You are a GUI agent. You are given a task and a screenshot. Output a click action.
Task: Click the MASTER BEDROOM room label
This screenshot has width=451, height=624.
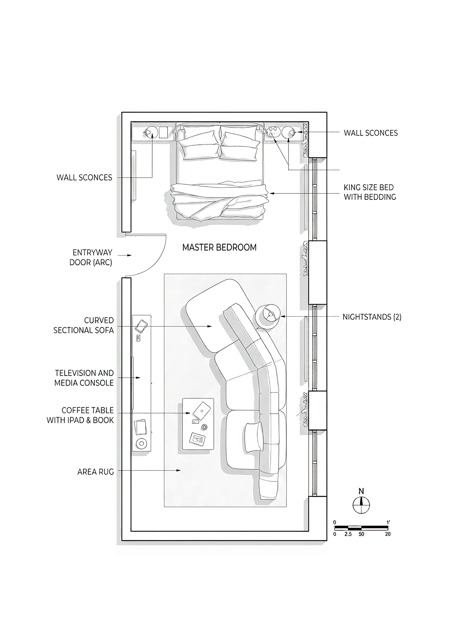219,247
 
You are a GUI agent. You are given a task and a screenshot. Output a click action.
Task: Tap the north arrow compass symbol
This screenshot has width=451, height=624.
361,505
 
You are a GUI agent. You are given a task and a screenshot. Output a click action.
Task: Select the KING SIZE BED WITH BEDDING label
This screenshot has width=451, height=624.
370,192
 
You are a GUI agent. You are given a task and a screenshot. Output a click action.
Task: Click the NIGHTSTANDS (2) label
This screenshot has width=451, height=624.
372,317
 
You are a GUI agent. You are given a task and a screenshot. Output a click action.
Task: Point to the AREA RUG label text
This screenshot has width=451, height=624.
96,472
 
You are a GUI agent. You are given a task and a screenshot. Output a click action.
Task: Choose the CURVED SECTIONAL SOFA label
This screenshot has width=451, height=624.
84,325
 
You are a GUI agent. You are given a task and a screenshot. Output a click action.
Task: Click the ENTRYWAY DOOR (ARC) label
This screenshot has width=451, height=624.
91,257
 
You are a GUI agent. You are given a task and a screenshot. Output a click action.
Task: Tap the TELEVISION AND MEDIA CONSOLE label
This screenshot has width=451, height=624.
84,378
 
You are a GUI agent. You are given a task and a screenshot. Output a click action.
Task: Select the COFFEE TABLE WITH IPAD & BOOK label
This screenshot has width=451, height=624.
80,415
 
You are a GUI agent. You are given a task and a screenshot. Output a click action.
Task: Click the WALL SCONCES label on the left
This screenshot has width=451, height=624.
84,177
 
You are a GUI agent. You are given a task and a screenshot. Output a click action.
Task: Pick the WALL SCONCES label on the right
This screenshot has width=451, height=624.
371,133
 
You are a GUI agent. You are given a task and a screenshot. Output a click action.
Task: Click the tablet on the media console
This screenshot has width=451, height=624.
141,326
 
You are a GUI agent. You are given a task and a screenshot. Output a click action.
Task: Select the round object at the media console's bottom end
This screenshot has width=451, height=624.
141,444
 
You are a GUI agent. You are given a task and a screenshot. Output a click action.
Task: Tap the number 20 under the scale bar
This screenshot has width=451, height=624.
388,534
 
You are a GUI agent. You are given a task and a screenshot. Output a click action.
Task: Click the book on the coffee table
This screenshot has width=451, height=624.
197,439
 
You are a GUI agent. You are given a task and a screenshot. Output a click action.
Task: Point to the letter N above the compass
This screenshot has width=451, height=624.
361,491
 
